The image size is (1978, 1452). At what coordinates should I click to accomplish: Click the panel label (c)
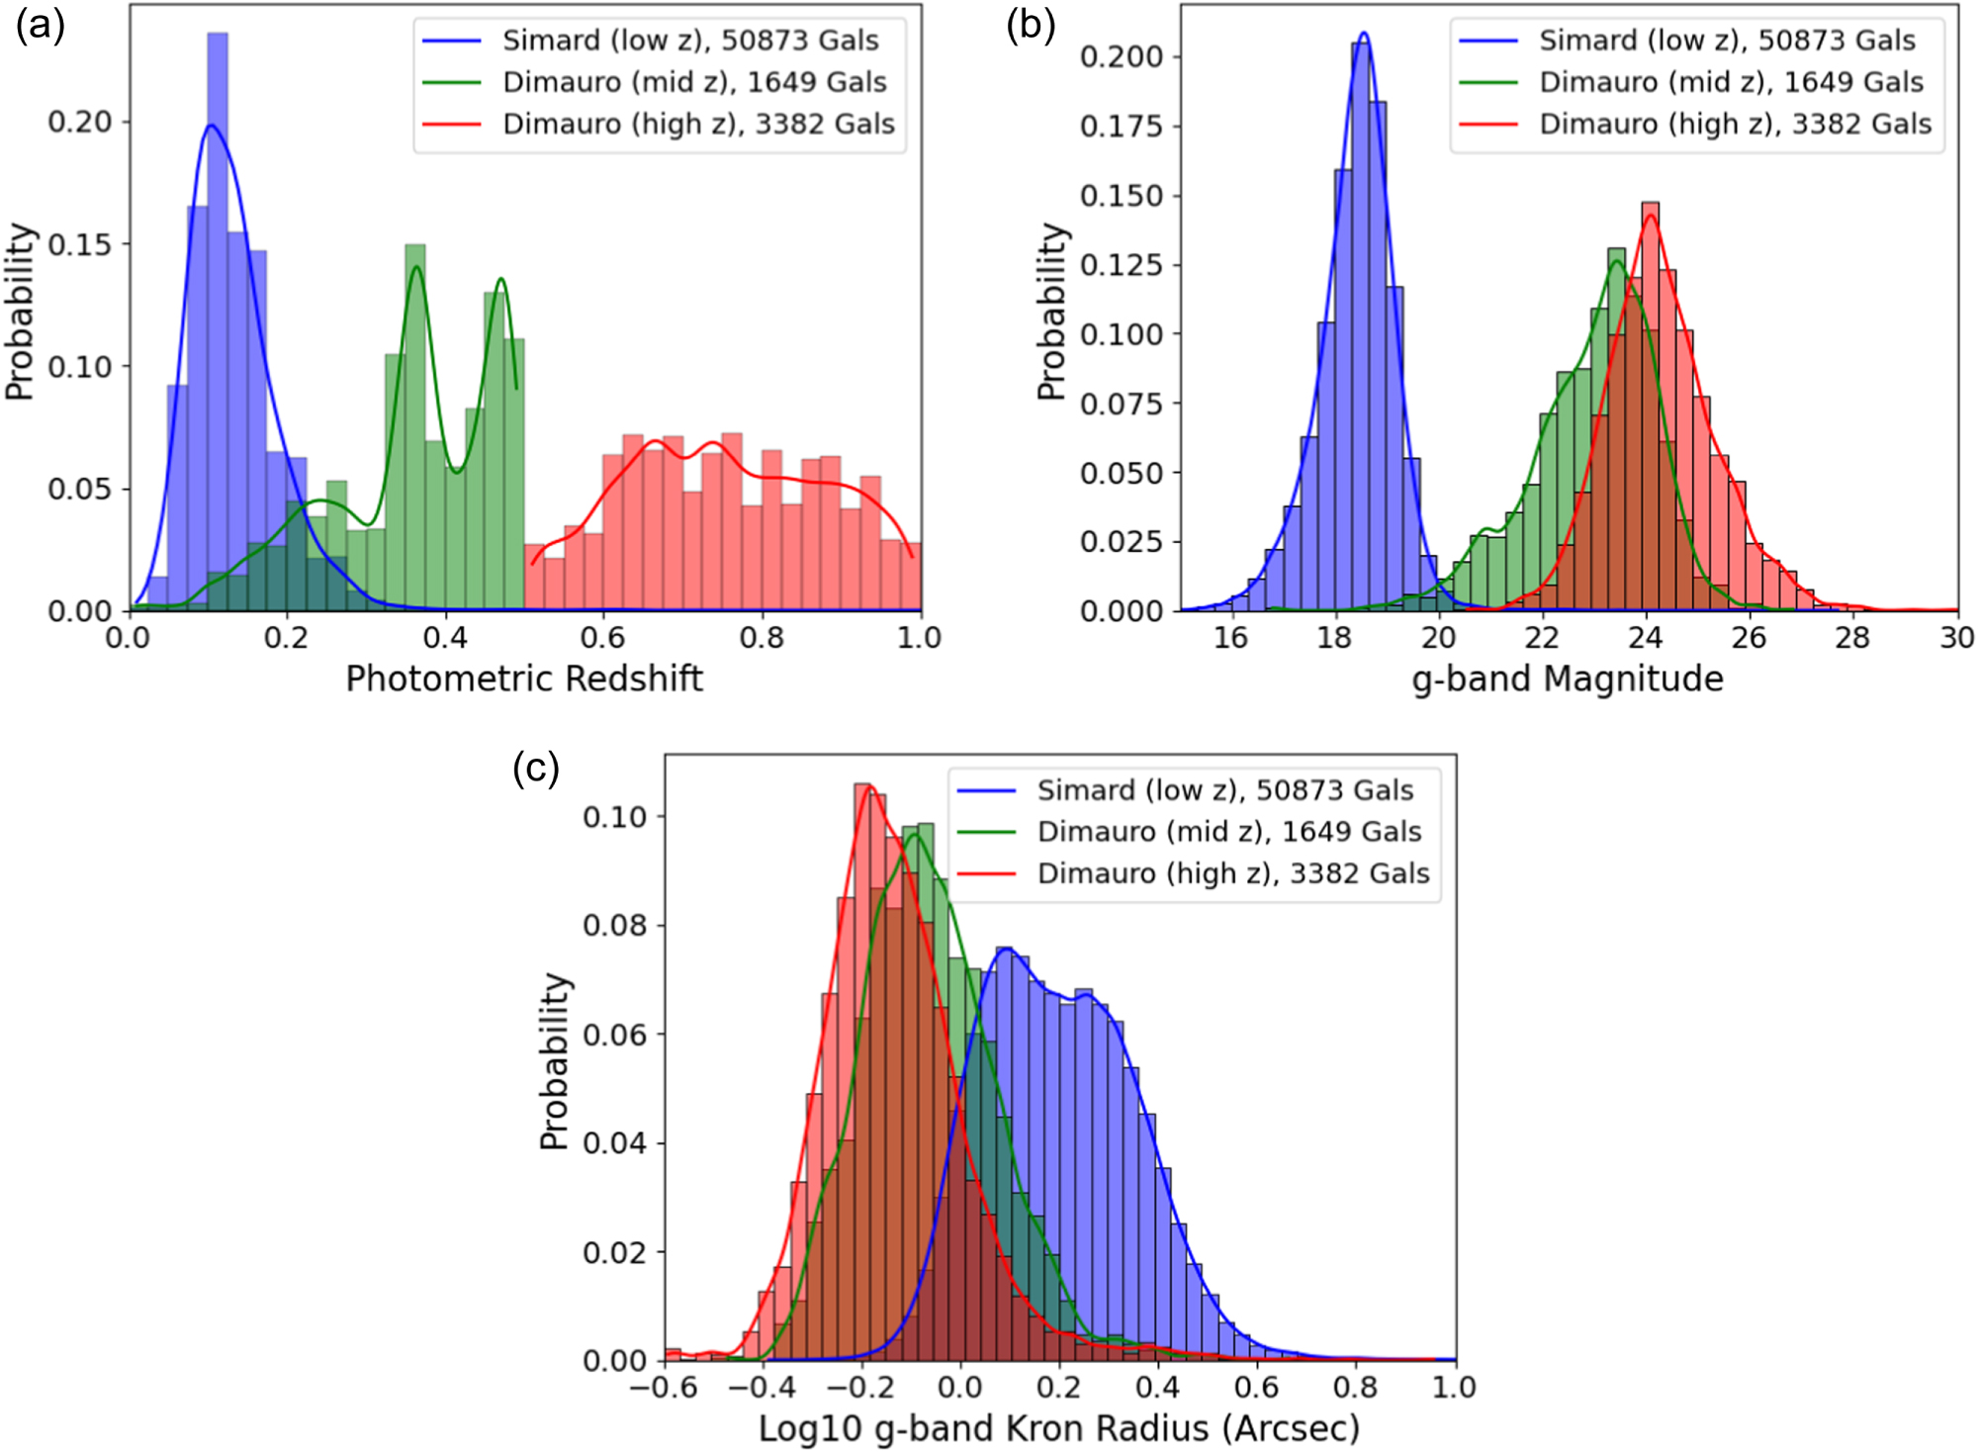pos(536,768)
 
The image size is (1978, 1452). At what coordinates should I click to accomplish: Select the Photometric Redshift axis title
pos(524,679)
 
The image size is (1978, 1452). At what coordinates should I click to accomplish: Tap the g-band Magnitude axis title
pos(1568,679)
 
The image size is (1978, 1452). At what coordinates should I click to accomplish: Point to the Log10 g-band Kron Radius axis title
pos(1059,1428)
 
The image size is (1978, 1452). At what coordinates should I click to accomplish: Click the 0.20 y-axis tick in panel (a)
pos(79,122)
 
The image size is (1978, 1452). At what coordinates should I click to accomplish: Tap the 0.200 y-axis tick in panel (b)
pos(1121,56)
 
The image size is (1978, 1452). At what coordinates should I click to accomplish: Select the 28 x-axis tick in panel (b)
pos(1852,638)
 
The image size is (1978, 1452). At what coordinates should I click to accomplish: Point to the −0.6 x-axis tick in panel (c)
pos(664,1388)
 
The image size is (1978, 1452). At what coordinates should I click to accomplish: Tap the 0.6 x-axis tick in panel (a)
pos(603,638)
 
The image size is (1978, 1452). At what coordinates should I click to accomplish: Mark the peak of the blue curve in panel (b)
pos(1364,34)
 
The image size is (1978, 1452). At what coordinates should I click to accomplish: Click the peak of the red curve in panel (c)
pos(867,787)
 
